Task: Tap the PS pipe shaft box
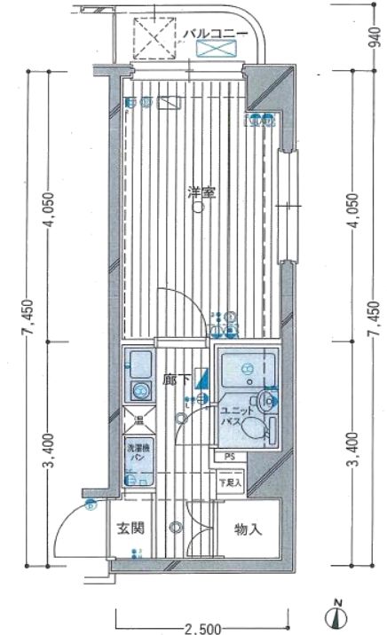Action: (229, 458)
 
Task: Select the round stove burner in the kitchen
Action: (139, 390)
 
